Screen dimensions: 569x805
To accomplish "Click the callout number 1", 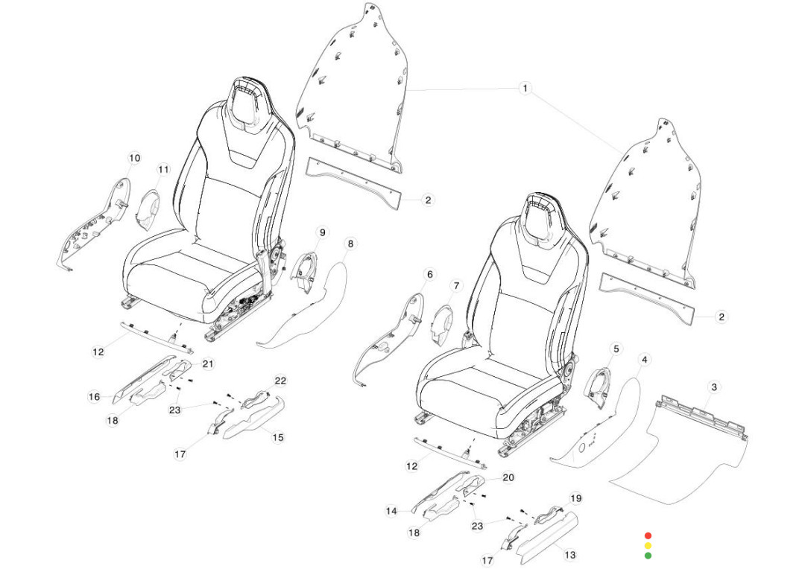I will pos(525,89).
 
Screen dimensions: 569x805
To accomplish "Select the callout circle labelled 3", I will pos(714,387).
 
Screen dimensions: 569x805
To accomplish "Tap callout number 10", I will pos(134,158).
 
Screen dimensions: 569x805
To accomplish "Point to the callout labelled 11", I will pos(163,169).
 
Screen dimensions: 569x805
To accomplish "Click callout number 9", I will pos(322,232).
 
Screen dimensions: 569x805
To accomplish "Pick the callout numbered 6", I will pos(429,275).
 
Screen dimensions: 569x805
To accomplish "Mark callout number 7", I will pos(457,285).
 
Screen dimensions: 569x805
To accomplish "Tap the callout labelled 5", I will pos(616,348).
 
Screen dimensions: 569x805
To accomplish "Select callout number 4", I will pos(645,359).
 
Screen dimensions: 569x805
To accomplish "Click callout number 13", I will pos(569,555).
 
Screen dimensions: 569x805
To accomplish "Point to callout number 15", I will pos(278,437).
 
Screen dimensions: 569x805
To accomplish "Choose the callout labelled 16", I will pos(94,397).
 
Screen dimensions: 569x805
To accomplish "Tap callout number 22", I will pos(280,381).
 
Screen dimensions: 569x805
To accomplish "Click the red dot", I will pos(648,535).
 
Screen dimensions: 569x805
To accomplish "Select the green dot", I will pos(648,555).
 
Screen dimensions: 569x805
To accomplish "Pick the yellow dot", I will pos(648,545).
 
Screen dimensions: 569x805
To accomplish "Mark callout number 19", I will pos(575,498).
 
